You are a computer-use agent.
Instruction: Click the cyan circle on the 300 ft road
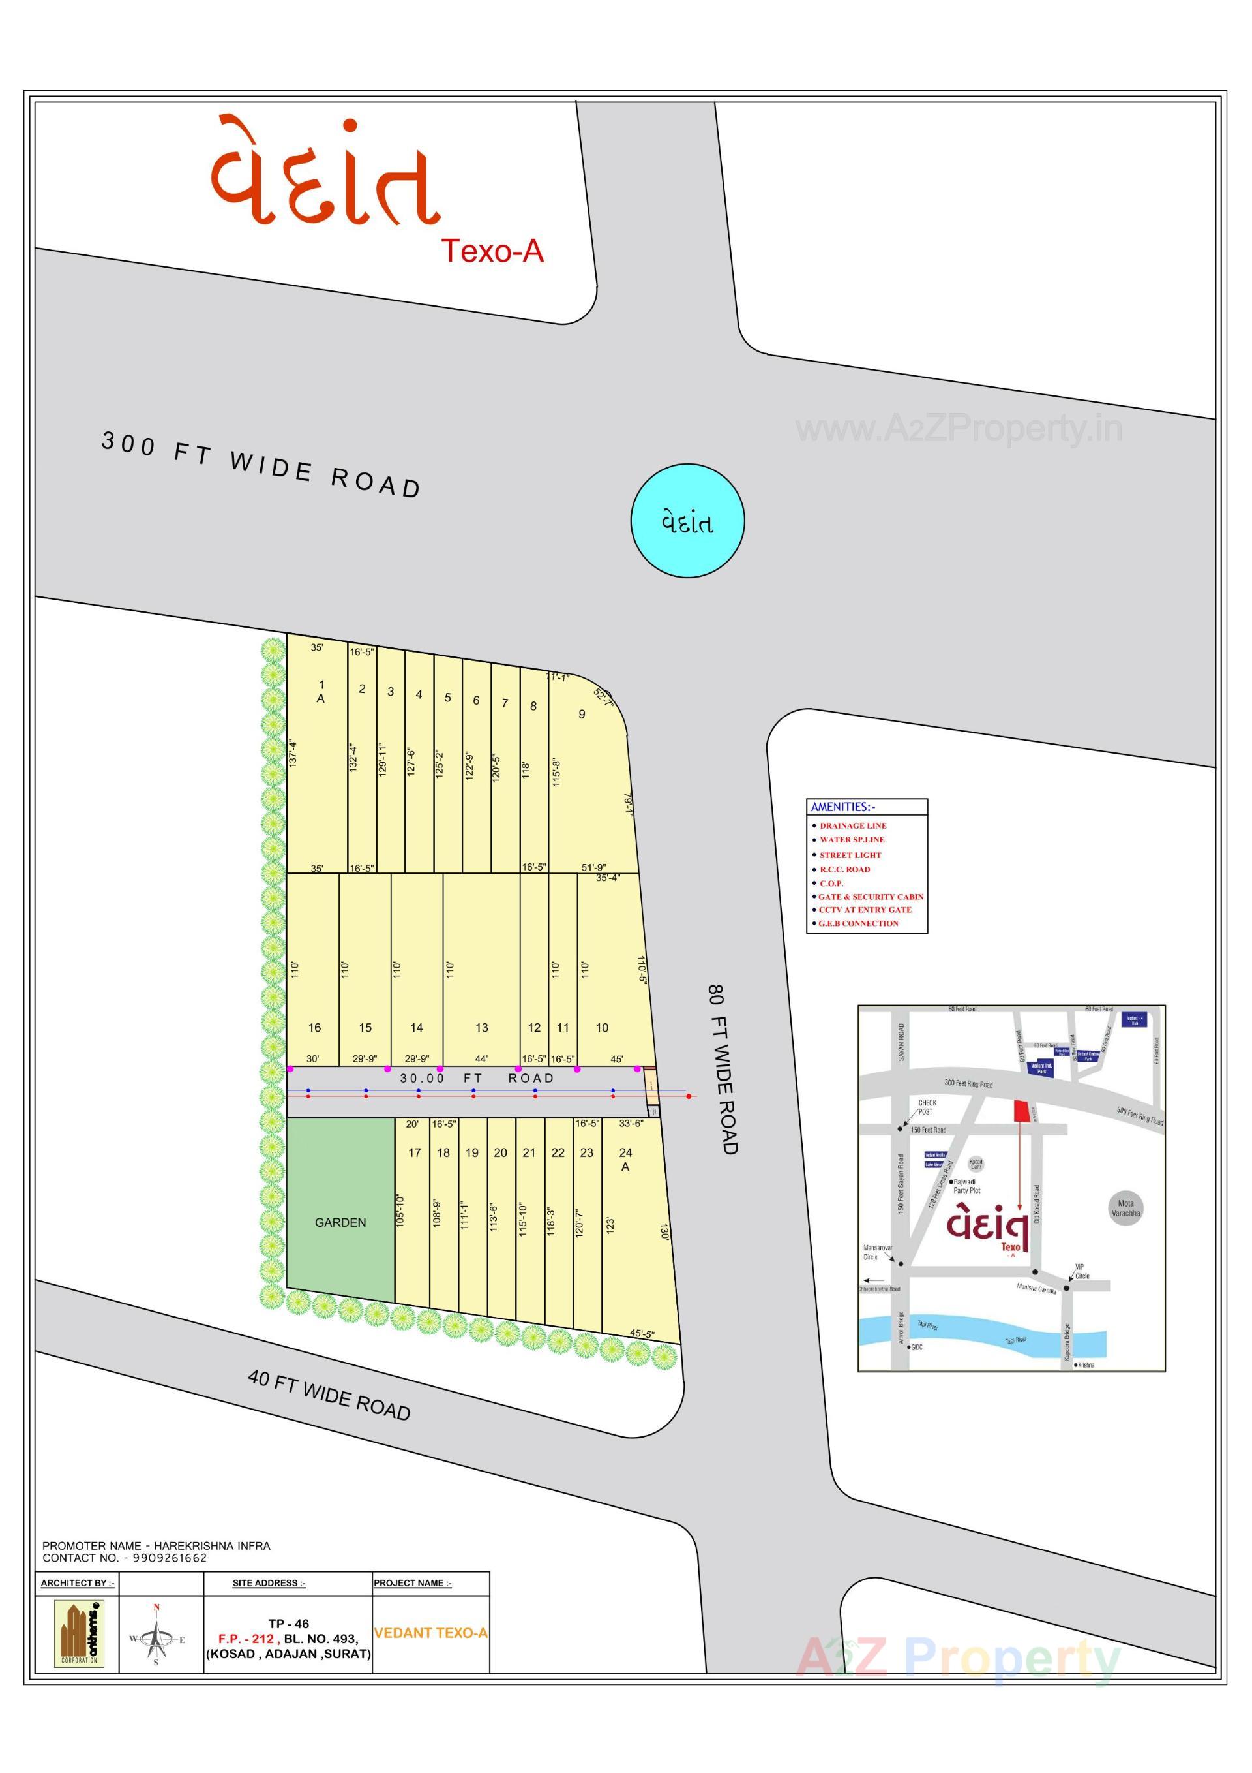point(687,521)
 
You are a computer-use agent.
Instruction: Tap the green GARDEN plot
point(340,1222)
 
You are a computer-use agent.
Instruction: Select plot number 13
point(482,1028)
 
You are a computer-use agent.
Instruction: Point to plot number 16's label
point(314,1028)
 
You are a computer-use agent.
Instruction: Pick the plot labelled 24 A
point(625,1160)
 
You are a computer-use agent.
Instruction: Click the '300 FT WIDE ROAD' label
point(261,465)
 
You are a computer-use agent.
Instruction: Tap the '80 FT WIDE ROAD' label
point(723,1069)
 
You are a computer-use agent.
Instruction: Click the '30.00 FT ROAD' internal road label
point(476,1078)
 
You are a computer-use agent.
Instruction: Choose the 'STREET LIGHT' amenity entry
point(850,855)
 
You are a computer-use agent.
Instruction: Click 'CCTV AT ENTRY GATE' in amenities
point(865,910)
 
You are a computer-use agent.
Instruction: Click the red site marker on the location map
point(1021,1111)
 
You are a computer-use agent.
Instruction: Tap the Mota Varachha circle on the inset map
point(1125,1208)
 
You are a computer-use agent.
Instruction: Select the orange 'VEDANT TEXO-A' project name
point(431,1633)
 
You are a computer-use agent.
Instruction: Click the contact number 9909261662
point(169,1558)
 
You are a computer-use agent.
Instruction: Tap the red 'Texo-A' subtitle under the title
point(492,251)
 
